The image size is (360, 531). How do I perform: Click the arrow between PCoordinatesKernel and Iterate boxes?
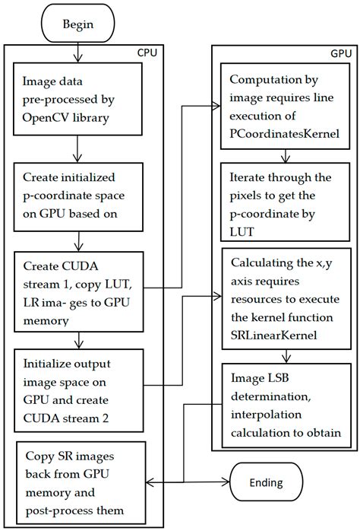[284, 156]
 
